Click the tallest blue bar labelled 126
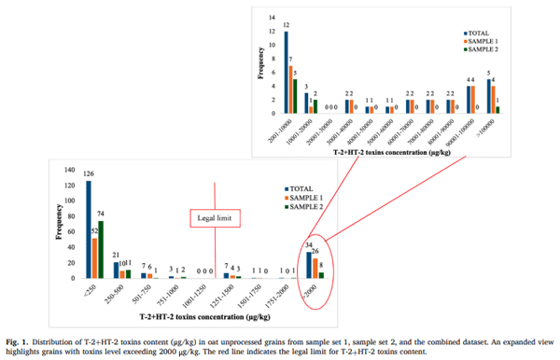[x=89, y=228]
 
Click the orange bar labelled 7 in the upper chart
[x=290, y=90]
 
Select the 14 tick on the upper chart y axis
[x=273, y=19]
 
